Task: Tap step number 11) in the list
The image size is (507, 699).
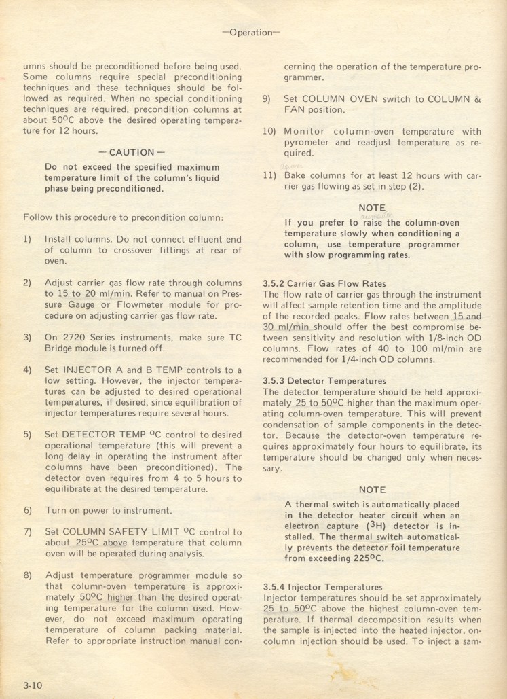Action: coord(269,175)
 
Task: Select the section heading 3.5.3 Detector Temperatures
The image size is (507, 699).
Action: coord(324,381)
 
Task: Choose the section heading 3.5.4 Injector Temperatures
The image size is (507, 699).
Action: coord(322,587)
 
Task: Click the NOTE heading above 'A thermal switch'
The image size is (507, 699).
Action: coord(372,490)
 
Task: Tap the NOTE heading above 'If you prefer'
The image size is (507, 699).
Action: coord(372,208)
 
